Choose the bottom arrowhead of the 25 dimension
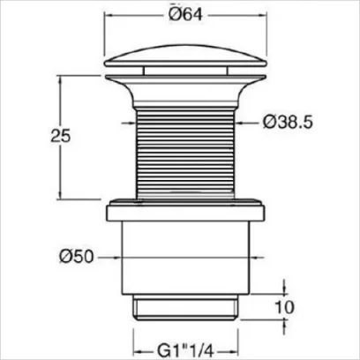[60, 197]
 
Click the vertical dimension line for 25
[60, 168]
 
